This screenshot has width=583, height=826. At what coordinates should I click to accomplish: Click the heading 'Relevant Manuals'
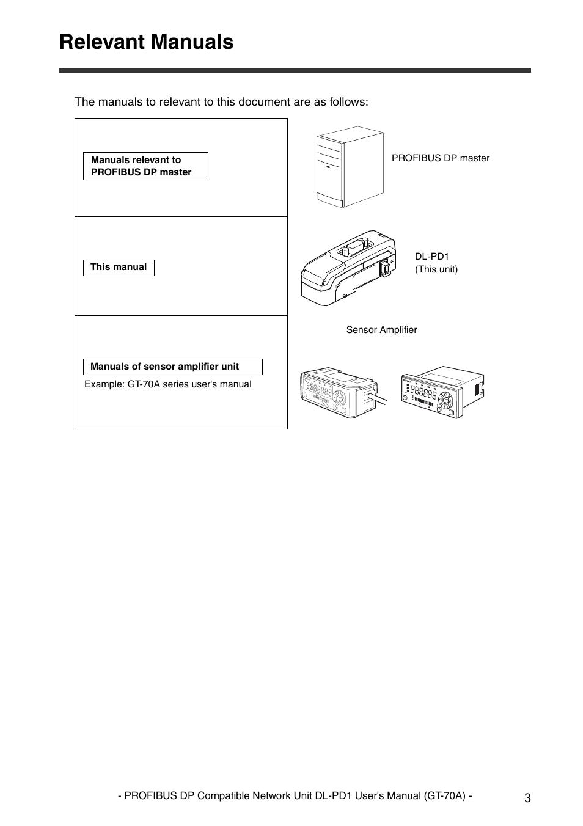146,42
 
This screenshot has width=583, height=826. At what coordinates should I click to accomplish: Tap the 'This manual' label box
119,267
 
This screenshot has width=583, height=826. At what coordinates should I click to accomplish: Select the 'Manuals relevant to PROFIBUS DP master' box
145,166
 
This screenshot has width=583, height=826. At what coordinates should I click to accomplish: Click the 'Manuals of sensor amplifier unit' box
172,367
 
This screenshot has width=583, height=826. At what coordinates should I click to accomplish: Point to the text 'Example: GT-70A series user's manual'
167,384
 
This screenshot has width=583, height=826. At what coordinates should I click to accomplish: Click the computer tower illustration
350,167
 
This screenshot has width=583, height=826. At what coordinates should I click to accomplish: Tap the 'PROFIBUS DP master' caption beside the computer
440,158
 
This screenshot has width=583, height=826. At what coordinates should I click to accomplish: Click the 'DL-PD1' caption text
431,257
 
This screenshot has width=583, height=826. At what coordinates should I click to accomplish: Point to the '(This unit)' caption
436,269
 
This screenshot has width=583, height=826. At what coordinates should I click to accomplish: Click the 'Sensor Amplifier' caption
381,330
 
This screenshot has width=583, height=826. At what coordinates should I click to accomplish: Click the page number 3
527,798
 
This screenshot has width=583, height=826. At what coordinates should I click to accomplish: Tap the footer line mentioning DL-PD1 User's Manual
295,795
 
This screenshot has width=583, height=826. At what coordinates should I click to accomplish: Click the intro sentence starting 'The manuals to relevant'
221,102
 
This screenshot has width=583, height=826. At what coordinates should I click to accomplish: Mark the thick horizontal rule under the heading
295,71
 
